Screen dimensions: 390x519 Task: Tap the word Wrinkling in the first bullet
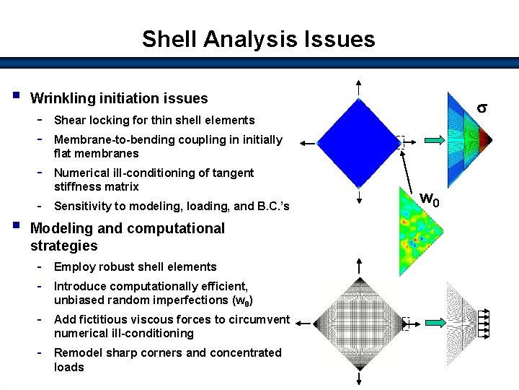pos(62,98)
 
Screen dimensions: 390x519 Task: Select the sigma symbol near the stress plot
pos(482,108)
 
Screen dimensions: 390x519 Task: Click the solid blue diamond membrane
pos(358,141)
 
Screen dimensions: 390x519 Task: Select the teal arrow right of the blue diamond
pos(435,141)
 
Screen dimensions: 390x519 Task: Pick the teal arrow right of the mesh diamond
pos(435,324)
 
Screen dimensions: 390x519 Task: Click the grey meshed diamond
pos(358,324)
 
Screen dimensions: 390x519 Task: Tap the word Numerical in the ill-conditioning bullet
pos(81,173)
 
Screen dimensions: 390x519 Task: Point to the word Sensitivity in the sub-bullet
pos(81,206)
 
